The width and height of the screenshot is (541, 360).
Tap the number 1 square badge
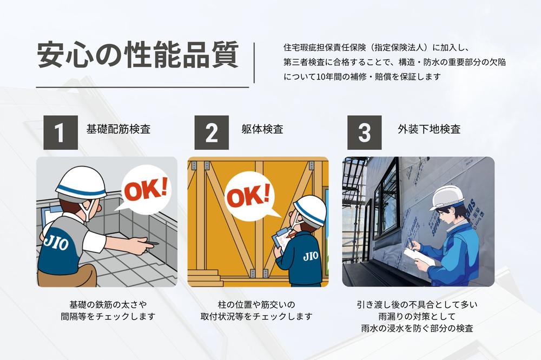pyautogui.click(x=61, y=132)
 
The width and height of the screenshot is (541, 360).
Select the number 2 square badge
pyautogui.click(x=212, y=132)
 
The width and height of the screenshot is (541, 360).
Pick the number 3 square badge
pyautogui.click(x=364, y=132)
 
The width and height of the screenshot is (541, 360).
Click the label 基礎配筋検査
pyautogui.click(x=118, y=129)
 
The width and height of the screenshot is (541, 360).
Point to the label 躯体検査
pyautogui.click(x=262, y=129)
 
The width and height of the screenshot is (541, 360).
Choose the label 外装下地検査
pyautogui.click(x=429, y=129)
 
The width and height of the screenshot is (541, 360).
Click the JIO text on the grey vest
pyautogui.click(x=56, y=243)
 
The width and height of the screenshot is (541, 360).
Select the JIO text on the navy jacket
pyautogui.click(x=311, y=256)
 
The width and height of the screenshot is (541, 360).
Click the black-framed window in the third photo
pyautogui.click(x=386, y=210)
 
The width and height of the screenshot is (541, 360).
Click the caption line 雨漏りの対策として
pyautogui.click(x=417, y=316)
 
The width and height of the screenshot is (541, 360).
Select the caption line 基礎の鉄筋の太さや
pyautogui.click(x=108, y=304)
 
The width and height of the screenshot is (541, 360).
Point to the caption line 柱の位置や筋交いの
pyautogui.click(x=256, y=304)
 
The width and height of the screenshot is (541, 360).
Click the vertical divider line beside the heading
pyautogui.click(x=254, y=63)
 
